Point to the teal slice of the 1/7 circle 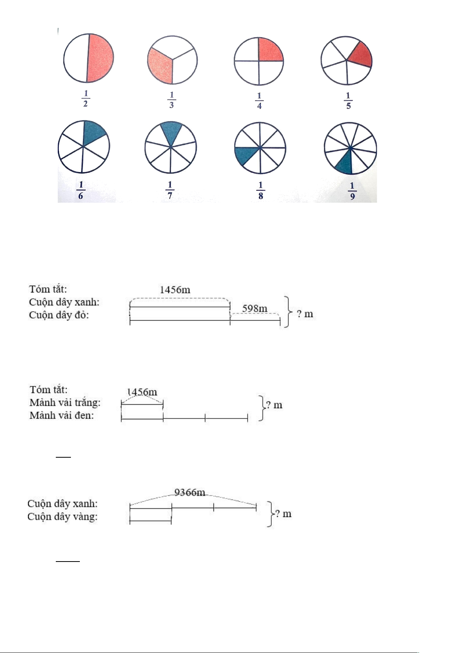[x=171, y=132]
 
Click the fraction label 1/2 [x=86, y=99]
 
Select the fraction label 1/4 [x=259, y=101]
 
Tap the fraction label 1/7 [x=170, y=190]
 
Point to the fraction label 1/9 [x=352, y=191]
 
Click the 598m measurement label [x=255, y=308]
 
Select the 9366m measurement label [x=190, y=493]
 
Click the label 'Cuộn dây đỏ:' [x=59, y=315]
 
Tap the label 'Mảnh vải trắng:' [x=65, y=403]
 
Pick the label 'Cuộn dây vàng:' [x=62, y=517]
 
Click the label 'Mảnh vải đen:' [x=62, y=415]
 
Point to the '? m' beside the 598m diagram [x=305, y=314]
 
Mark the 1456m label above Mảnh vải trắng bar [x=143, y=392]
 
